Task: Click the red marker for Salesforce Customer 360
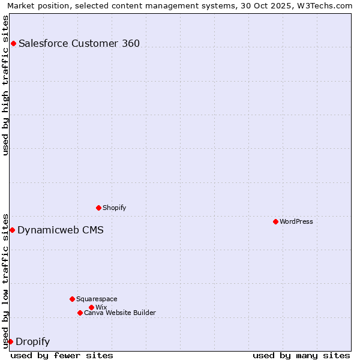[x=13, y=43]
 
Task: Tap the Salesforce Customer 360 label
[x=79, y=43]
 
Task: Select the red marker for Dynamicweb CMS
[x=12, y=230]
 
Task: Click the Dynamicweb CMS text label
[x=61, y=230]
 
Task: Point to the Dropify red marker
[x=10, y=341]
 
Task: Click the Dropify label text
[x=33, y=342]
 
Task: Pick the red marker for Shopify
[x=98, y=208]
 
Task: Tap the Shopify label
[x=115, y=208]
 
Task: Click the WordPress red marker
[x=275, y=221]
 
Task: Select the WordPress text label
[x=296, y=221]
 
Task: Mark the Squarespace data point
[x=72, y=299]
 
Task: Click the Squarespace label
[x=97, y=299]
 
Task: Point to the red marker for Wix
[x=91, y=307]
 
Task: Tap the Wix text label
[x=101, y=307]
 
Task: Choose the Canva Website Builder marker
[x=80, y=313]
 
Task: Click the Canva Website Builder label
[x=120, y=313]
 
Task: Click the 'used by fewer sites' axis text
[x=62, y=355]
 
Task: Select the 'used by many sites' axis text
[x=301, y=355]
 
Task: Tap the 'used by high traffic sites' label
[x=5, y=85]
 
